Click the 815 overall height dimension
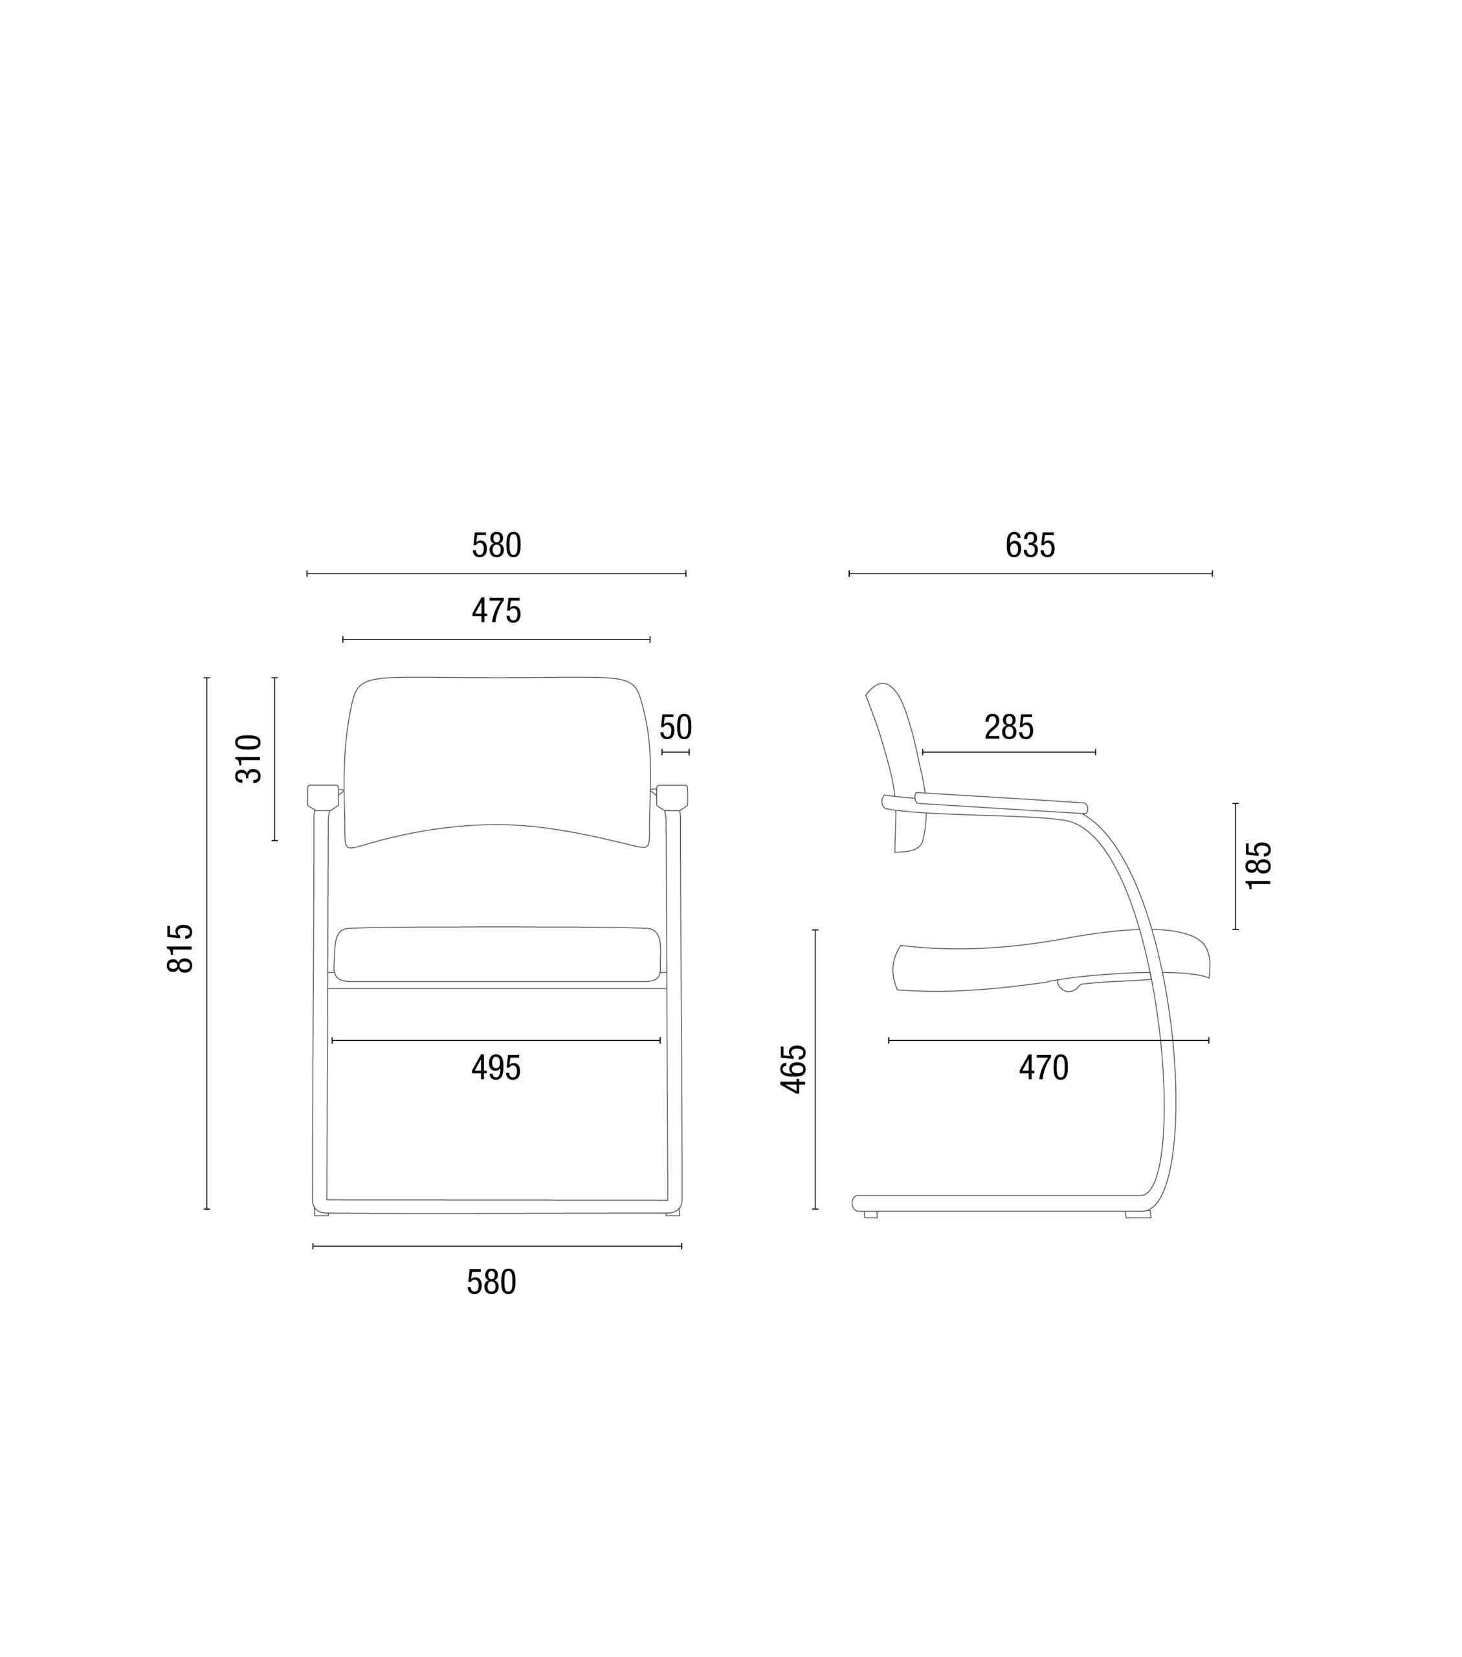coord(180,948)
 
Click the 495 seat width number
coord(496,1067)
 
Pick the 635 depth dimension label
coord(1030,545)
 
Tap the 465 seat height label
coord(793,1069)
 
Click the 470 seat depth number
coord(1044,1067)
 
